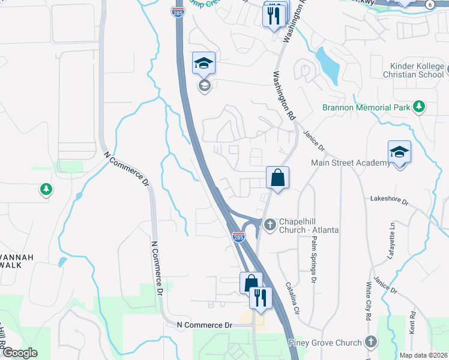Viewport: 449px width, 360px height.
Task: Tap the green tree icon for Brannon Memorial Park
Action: (x=419, y=107)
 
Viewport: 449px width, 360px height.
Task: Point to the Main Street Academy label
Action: (x=351, y=163)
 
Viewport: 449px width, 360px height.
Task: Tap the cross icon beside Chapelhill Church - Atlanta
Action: (x=270, y=224)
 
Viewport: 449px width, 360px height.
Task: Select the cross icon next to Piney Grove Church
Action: (x=371, y=343)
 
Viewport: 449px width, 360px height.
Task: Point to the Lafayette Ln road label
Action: (x=393, y=233)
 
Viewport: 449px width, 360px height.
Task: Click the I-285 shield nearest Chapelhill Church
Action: (x=238, y=238)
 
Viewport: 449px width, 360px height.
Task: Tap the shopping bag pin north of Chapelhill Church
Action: (x=278, y=178)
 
